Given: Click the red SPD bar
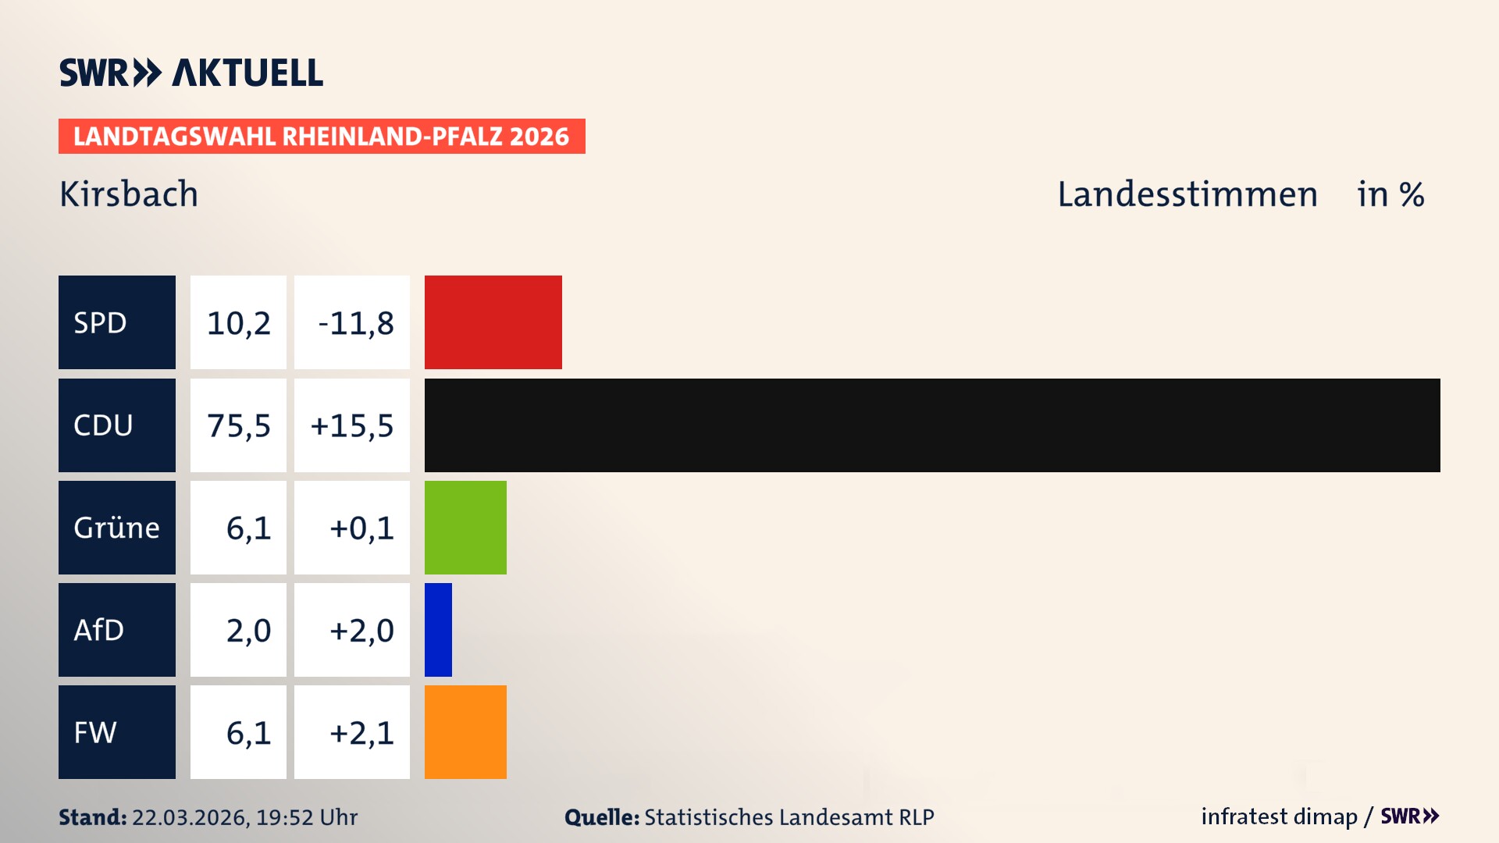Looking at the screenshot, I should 493,322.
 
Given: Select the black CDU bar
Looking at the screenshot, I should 931,425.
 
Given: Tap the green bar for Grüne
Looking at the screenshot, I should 465,528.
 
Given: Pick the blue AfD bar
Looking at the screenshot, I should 438,630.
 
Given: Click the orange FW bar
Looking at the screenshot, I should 465,732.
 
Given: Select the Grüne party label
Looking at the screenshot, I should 116,528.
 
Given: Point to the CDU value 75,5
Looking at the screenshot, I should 238,425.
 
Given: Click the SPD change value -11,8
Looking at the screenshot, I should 355,322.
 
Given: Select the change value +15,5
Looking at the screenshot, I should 352,425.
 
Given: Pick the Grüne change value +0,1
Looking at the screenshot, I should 361,528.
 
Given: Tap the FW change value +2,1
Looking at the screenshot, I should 361,732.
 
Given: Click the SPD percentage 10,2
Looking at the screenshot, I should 238,322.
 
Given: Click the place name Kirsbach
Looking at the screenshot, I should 129,194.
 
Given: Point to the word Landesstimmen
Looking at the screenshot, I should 1187,194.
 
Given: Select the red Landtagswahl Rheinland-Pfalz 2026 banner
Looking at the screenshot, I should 322,137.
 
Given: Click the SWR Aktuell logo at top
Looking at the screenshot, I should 191,73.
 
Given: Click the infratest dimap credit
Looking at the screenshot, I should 1279,816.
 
